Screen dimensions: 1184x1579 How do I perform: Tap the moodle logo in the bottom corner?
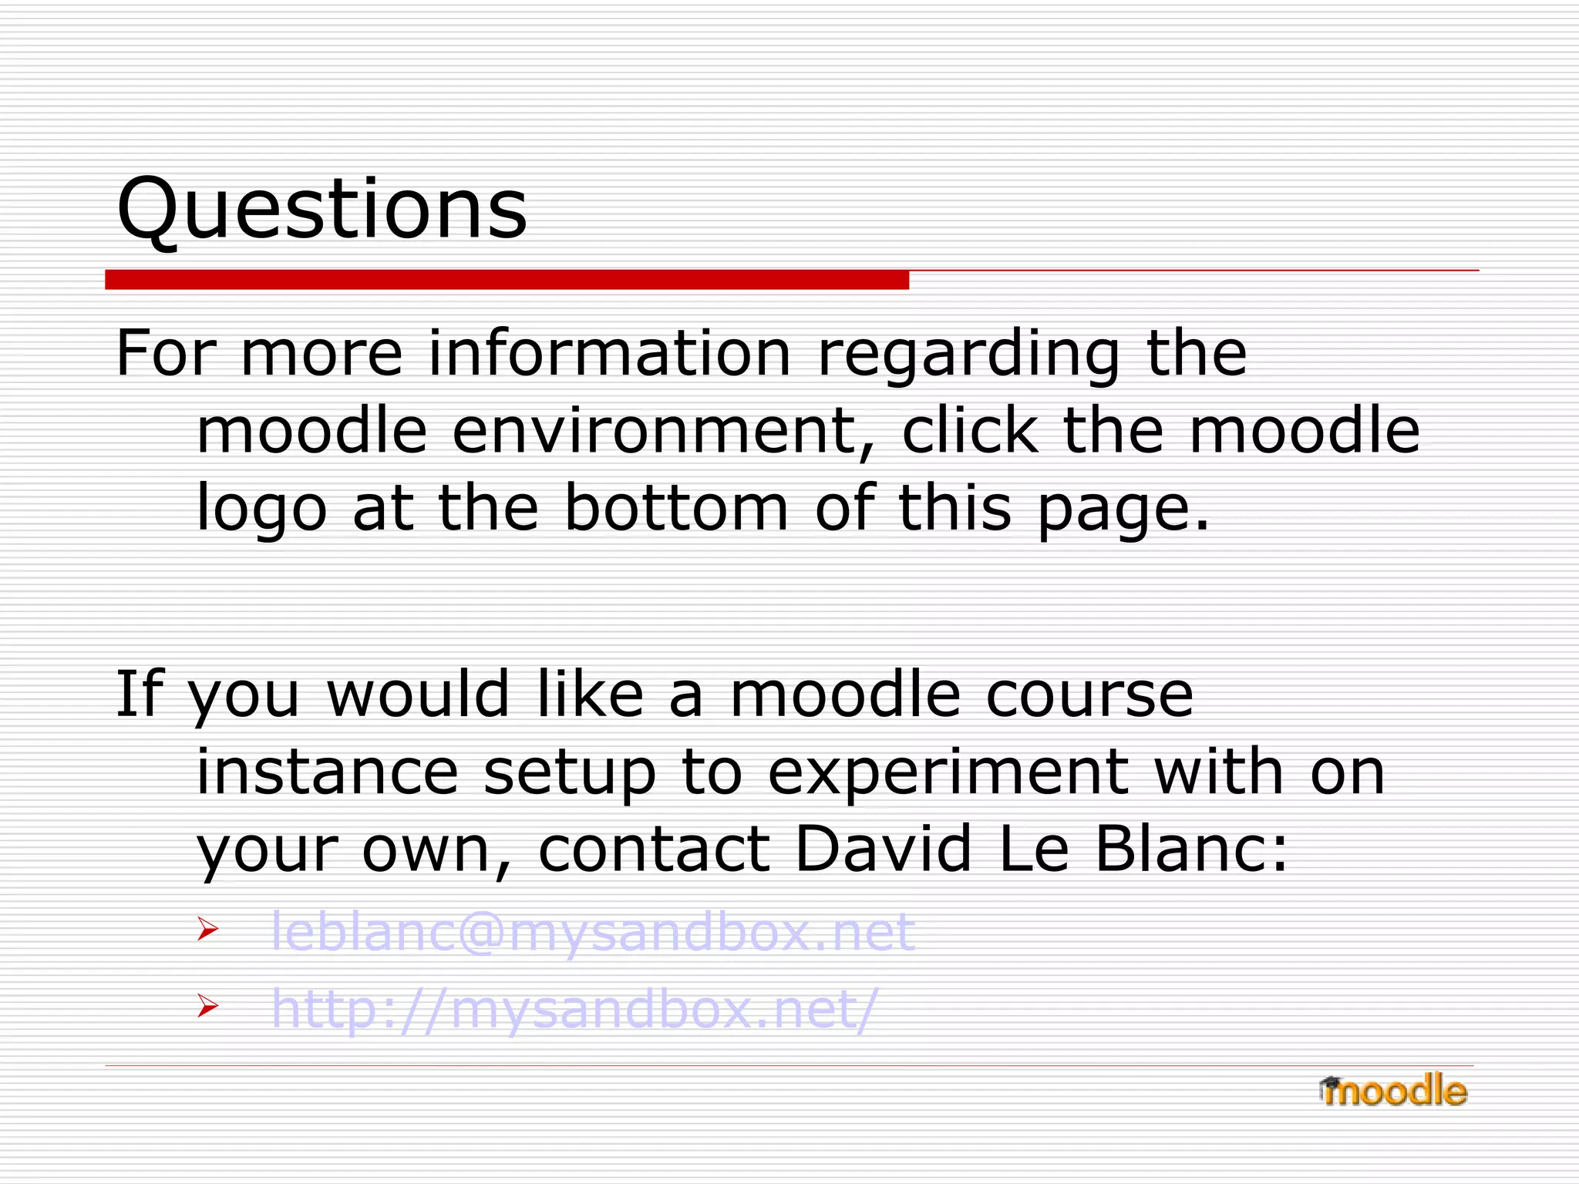pos(1393,1091)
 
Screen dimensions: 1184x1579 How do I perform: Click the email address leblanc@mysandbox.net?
pos(592,931)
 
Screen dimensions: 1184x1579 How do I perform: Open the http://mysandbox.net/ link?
pos(574,1009)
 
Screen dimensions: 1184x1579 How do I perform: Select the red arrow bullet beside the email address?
pos(207,929)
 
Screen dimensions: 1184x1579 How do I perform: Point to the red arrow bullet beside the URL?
pos(207,1006)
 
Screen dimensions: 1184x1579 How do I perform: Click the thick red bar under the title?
pos(507,280)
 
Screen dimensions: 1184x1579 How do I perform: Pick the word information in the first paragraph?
pos(609,353)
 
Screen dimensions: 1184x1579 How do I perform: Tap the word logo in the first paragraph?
pos(262,509)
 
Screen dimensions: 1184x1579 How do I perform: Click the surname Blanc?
pos(1190,849)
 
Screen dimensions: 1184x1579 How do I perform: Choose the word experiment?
pos(948,772)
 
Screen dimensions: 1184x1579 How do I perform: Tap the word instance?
pos(328,772)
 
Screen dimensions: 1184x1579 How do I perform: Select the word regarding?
pos(968,355)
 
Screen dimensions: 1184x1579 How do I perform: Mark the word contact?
pos(655,849)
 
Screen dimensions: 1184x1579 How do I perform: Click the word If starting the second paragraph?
pos(140,694)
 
